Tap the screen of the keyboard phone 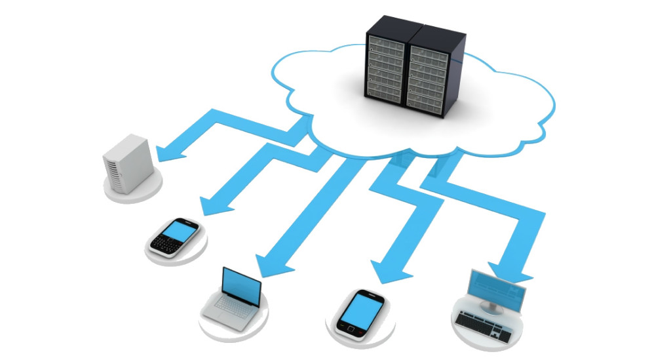181,230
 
